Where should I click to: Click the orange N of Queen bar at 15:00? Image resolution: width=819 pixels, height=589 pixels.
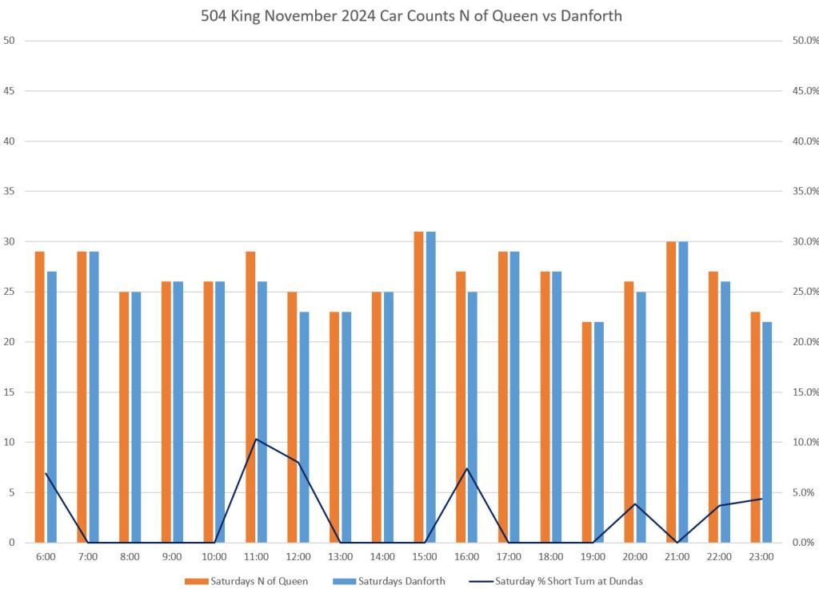pyautogui.click(x=418, y=387)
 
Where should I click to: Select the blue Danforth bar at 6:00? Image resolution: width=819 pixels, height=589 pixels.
pyautogui.click(x=52, y=407)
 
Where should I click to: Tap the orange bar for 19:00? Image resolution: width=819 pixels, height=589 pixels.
pyautogui.click(x=586, y=432)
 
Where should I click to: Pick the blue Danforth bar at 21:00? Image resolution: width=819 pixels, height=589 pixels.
pyautogui.click(x=682, y=392)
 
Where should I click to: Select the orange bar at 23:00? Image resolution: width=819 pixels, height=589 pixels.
pyautogui.click(x=755, y=427)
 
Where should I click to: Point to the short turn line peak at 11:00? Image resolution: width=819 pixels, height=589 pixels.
pyautogui.click(x=255, y=439)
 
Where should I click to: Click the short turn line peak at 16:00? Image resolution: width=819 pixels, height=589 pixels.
pyautogui.click(x=467, y=468)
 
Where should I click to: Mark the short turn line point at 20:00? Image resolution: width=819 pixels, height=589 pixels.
pyautogui.click(x=635, y=503)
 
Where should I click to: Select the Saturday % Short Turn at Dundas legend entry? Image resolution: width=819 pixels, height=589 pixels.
pyautogui.click(x=569, y=581)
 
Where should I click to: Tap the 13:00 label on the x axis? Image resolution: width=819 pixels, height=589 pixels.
pyautogui.click(x=340, y=556)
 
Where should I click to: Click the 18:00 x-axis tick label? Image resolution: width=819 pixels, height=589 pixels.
pyautogui.click(x=550, y=556)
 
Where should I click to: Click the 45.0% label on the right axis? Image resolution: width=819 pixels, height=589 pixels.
pyautogui.click(x=803, y=91)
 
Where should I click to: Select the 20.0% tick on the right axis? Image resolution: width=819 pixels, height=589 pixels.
pyautogui.click(x=803, y=342)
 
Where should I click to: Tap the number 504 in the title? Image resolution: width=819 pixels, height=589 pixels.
pyautogui.click(x=215, y=16)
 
